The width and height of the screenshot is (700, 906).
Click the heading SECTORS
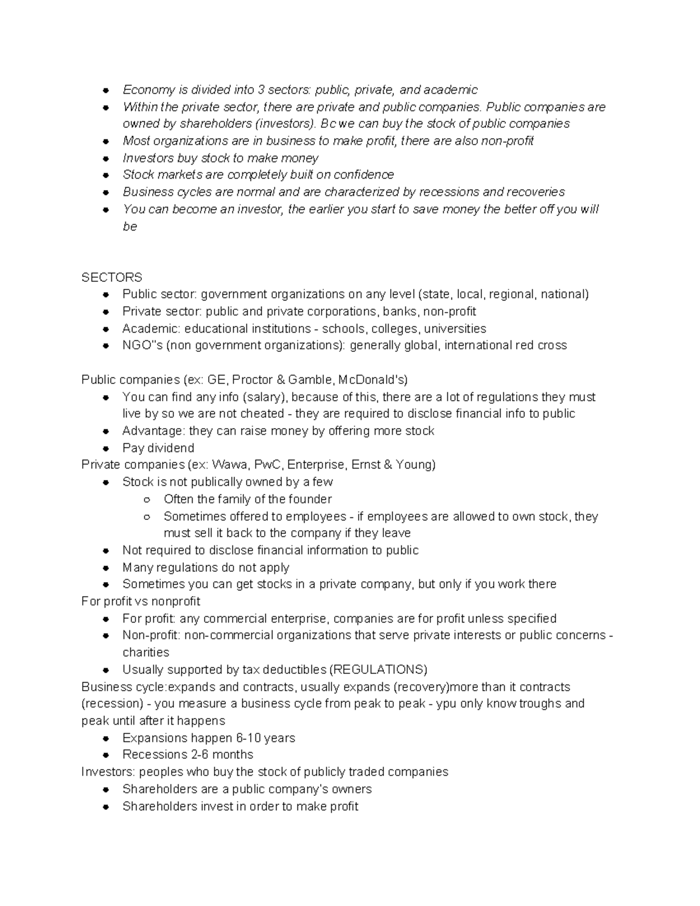pos(111,277)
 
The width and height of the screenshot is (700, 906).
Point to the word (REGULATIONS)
pos(378,670)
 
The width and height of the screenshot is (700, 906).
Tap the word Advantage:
pos(152,431)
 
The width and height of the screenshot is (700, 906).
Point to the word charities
pos(146,652)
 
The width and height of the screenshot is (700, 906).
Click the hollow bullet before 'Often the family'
pos(147,500)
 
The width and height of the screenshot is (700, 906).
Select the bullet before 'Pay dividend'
pos(106,449)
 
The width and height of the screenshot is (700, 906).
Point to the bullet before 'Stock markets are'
pos(106,175)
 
